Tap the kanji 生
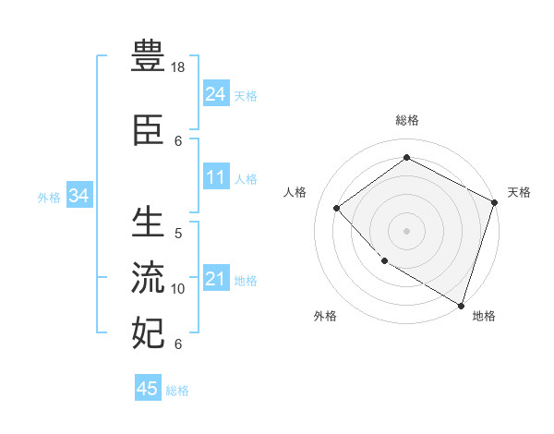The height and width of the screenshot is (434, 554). (148, 223)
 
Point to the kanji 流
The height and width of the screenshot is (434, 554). (148, 276)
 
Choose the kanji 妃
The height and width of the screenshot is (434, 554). (148, 332)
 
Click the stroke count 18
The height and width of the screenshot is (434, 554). (179, 68)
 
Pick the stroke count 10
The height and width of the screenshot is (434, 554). (178, 289)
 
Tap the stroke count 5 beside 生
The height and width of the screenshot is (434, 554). (178, 234)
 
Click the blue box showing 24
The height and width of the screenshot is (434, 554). (216, 93)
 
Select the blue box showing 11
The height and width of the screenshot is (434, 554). (216, 177)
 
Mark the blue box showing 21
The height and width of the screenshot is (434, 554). (216, 279)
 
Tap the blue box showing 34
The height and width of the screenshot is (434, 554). (78, 196)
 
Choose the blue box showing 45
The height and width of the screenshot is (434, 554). (148, 389)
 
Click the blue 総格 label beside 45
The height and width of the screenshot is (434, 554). (177, 391)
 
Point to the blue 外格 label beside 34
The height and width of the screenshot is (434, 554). (49, 197)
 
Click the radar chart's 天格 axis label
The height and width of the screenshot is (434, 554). (519, 192)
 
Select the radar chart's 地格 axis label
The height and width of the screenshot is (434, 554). (484, 316)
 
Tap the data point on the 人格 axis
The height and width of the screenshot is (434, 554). (337, 208)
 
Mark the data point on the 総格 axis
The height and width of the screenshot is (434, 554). (406, 157)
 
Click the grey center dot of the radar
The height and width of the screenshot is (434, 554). (406, 230)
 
